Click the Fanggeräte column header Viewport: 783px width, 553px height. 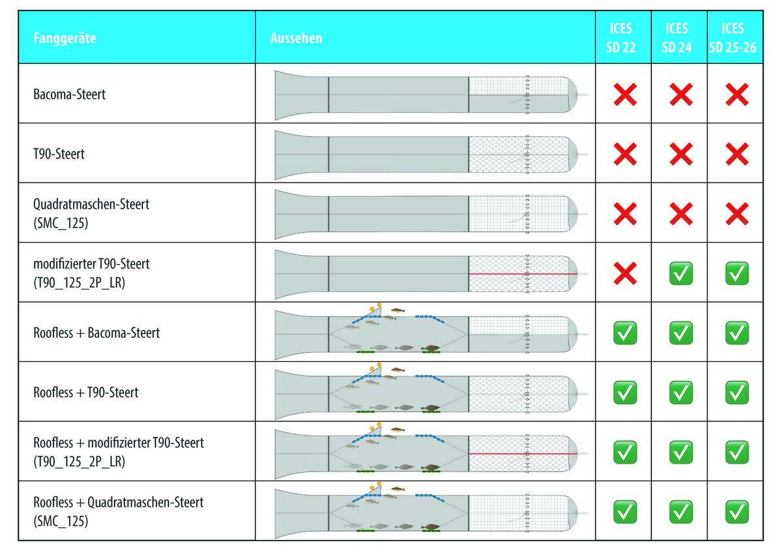(65, 38)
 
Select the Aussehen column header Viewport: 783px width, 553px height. (296, 38)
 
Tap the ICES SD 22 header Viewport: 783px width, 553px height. (621, 38)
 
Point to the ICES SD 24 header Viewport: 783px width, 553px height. (677, 38)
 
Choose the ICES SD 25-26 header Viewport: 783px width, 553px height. (733, 38)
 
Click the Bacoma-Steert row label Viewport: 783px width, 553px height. (69, 95)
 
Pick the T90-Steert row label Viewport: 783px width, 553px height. (59, 154)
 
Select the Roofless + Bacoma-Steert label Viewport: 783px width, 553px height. (97, 333)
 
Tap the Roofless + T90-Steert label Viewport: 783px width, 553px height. (85, 393)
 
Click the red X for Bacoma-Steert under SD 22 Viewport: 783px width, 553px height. (625, 95)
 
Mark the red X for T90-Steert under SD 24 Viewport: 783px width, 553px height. (681, 154)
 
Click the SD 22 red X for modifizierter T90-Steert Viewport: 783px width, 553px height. (625, 273)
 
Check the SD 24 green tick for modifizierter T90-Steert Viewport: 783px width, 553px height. (681, 273)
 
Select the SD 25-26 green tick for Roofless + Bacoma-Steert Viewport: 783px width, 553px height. (737, 333)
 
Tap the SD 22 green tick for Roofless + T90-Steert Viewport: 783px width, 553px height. (625, 393)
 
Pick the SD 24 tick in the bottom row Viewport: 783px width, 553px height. (681, 512)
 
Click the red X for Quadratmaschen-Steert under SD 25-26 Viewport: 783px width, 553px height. (737, 214)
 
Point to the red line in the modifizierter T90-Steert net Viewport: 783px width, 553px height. (523, 274)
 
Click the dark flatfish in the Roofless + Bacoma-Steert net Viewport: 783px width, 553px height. (431, 348)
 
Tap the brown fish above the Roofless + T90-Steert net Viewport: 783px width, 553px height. (397, 370)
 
